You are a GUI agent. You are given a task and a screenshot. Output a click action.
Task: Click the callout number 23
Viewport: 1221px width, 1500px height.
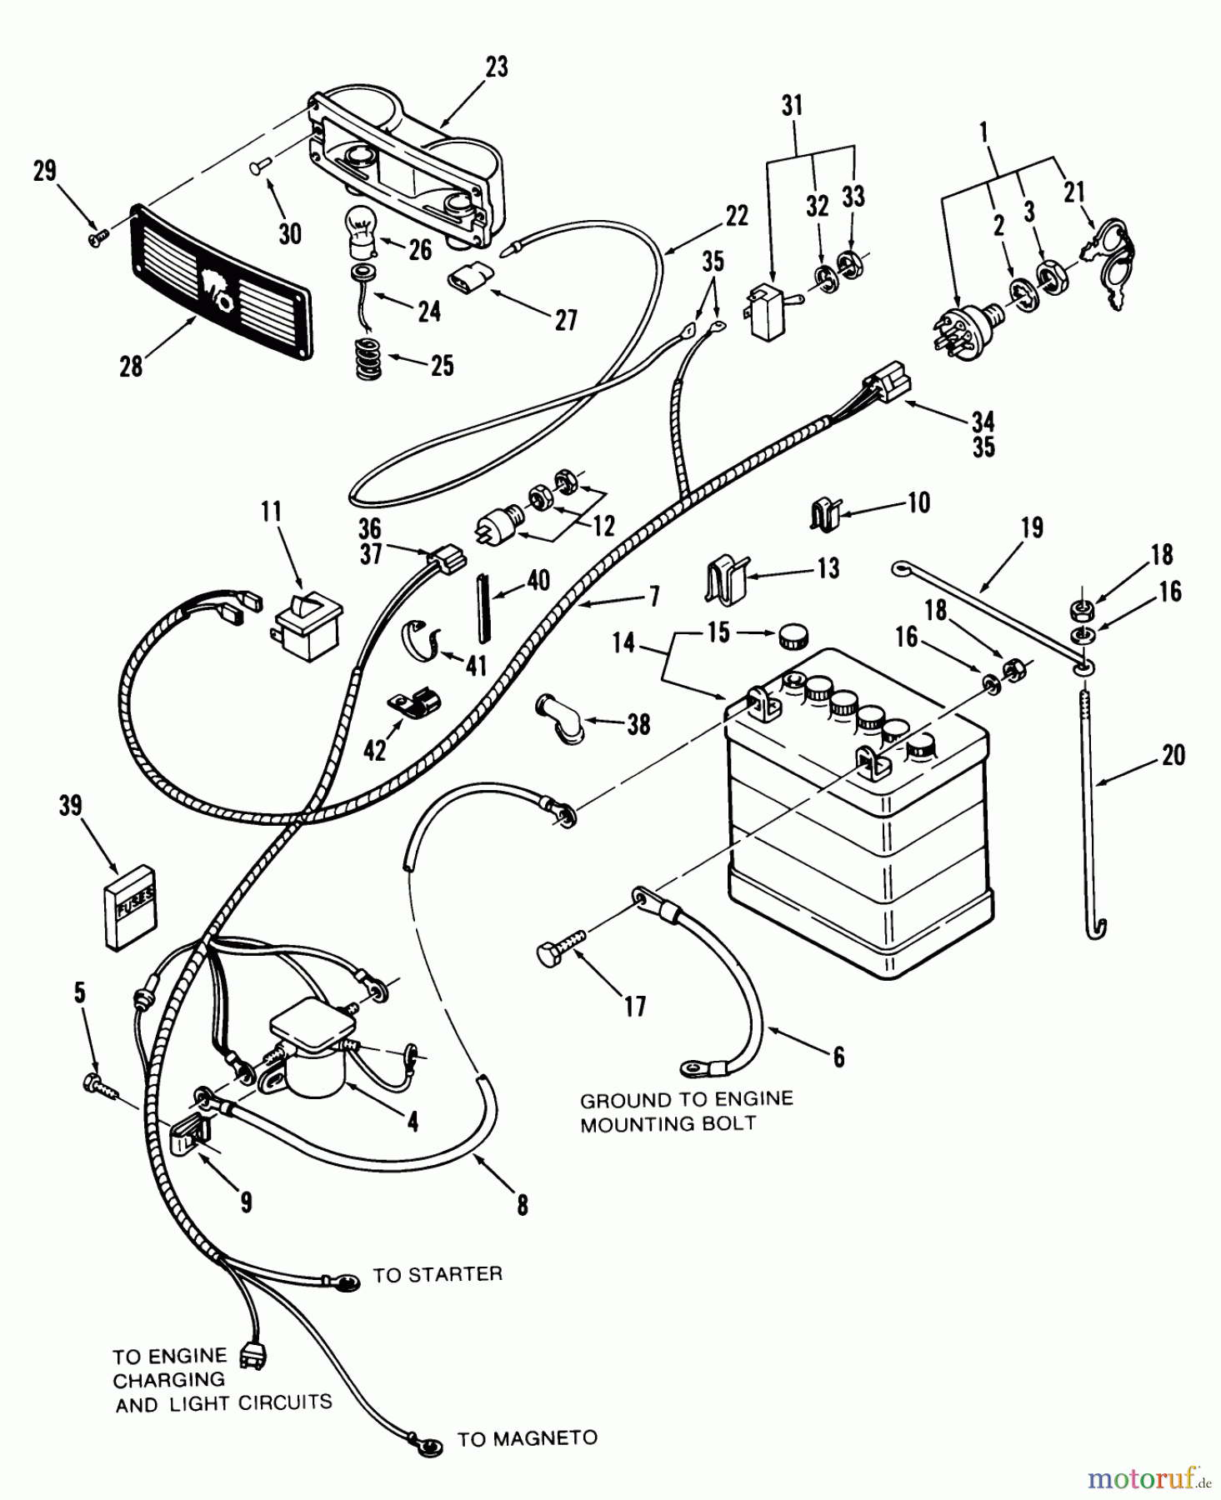tap(496, 67)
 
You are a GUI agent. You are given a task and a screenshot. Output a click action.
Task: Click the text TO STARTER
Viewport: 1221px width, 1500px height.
tap(437, 1275)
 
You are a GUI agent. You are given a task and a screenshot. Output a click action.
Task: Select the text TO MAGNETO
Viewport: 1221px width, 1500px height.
tap(527, 1439)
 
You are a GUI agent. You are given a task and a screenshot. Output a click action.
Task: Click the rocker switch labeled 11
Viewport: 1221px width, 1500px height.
tap(308, 622)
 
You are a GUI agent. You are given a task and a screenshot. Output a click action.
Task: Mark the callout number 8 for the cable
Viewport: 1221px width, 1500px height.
tap(522, 1205)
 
